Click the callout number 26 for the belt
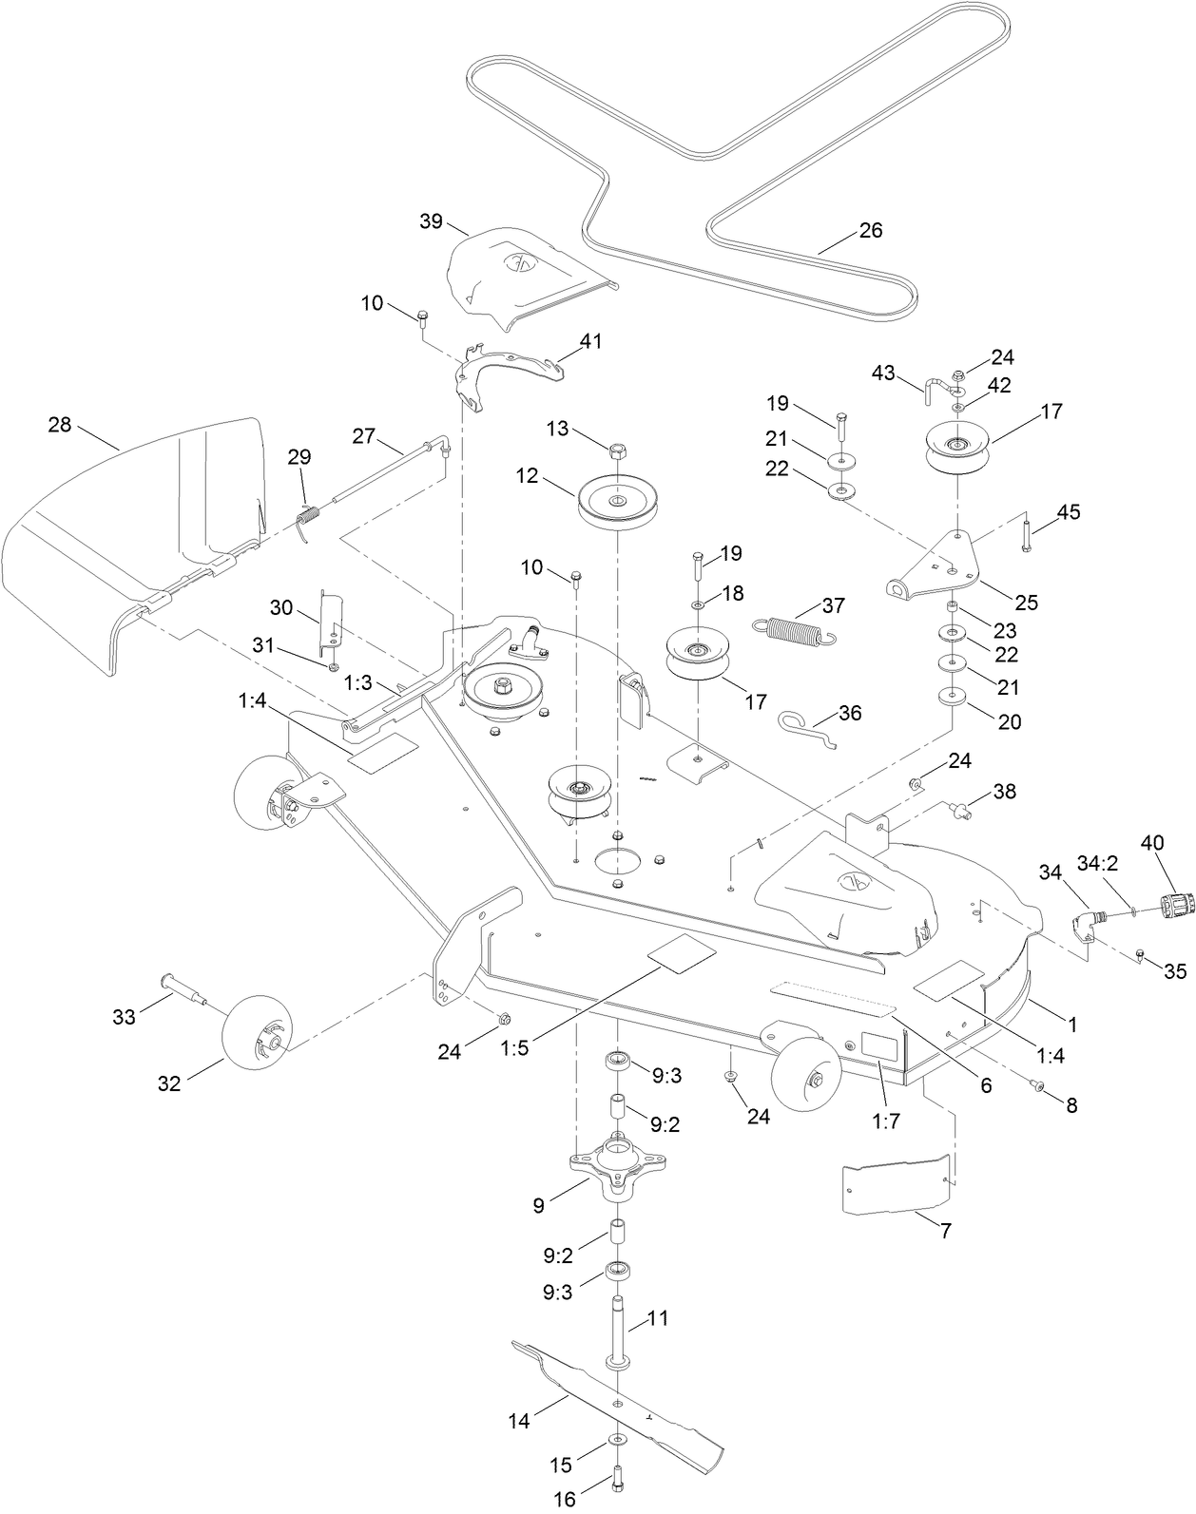[870, 230]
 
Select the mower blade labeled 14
[618, 1397]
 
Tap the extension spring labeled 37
[794, 631]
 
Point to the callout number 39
[432, 220]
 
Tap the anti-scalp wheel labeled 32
[257, 1039]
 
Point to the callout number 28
[60, 425]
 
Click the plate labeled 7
[896, 1183]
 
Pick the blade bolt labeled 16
[618, 1481]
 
